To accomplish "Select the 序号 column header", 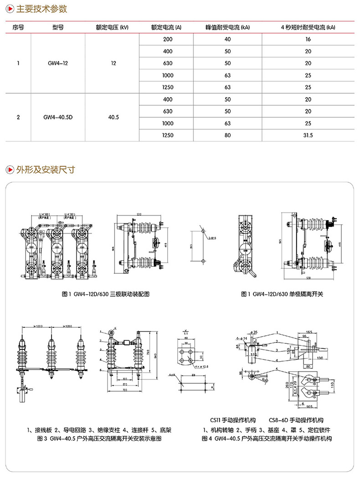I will point(18,27).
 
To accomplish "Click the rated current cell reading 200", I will point(167,40).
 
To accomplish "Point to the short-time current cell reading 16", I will point(308,40).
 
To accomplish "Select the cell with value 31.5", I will point(308,135).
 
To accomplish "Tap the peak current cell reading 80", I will point(228,135).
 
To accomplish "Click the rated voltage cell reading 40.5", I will point(113,117).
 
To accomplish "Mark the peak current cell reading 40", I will point(228,40).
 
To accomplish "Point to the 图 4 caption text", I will point(267,438).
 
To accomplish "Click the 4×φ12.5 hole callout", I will point(201,366).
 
